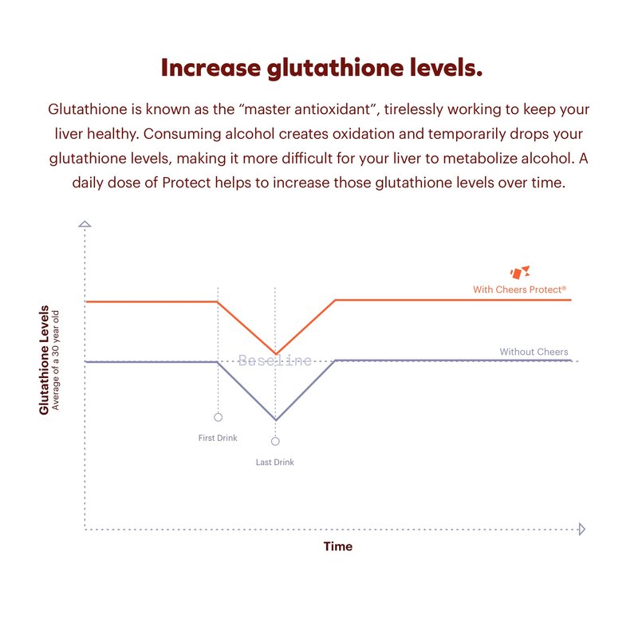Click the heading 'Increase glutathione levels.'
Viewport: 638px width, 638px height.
321,68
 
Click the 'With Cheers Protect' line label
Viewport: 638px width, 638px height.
519,289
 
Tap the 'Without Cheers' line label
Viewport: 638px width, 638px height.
534,352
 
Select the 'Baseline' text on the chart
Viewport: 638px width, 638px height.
275,361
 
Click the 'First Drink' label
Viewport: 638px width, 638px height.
218,438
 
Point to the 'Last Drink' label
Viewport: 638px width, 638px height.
275,462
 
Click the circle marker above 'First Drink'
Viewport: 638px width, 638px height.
218,417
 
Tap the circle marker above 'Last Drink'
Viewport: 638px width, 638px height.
275,441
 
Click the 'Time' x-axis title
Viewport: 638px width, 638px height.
337,547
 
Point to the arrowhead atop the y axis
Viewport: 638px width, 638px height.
85,224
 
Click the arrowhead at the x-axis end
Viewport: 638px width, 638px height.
581,529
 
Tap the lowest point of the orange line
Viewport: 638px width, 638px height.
276,353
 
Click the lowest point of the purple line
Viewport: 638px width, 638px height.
276,419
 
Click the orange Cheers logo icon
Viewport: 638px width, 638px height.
520,272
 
